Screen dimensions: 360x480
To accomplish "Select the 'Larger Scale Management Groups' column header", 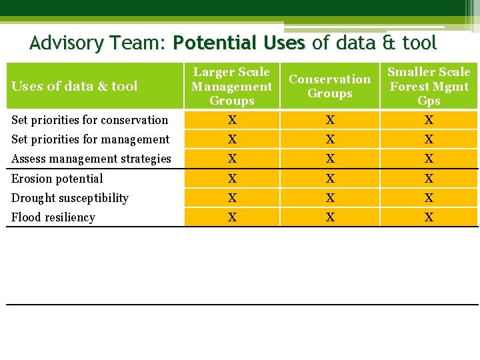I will click(231, 87).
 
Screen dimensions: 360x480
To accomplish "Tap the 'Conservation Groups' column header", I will click(329, 86).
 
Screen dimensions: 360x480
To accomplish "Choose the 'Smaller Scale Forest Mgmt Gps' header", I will click(429, 87).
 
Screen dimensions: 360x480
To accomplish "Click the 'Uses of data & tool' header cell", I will click(75, 86).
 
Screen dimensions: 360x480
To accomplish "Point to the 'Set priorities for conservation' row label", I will click(89, 120).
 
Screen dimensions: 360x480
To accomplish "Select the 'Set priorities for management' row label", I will click(90, 139).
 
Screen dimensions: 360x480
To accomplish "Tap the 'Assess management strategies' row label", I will click(91, 159).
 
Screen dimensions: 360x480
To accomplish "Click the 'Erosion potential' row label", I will click(57, 179).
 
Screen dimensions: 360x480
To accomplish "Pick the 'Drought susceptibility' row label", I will click(70, 198).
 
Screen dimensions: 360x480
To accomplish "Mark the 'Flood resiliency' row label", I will click(53, 217).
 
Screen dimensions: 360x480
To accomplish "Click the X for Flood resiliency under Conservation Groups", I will click(330, 217).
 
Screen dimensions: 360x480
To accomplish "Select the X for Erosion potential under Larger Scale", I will click(231, 179).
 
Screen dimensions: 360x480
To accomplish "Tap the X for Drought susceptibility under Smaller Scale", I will click(429, 198).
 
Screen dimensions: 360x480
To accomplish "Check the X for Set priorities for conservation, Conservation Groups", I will click(330, 120).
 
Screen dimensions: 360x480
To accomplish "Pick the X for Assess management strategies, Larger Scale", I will click(231, 159).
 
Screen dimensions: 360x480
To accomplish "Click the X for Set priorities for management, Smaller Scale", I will click(429, 139).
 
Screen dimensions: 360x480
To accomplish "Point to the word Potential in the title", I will click(215, 44).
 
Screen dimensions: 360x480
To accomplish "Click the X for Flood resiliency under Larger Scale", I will click(231, 217).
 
